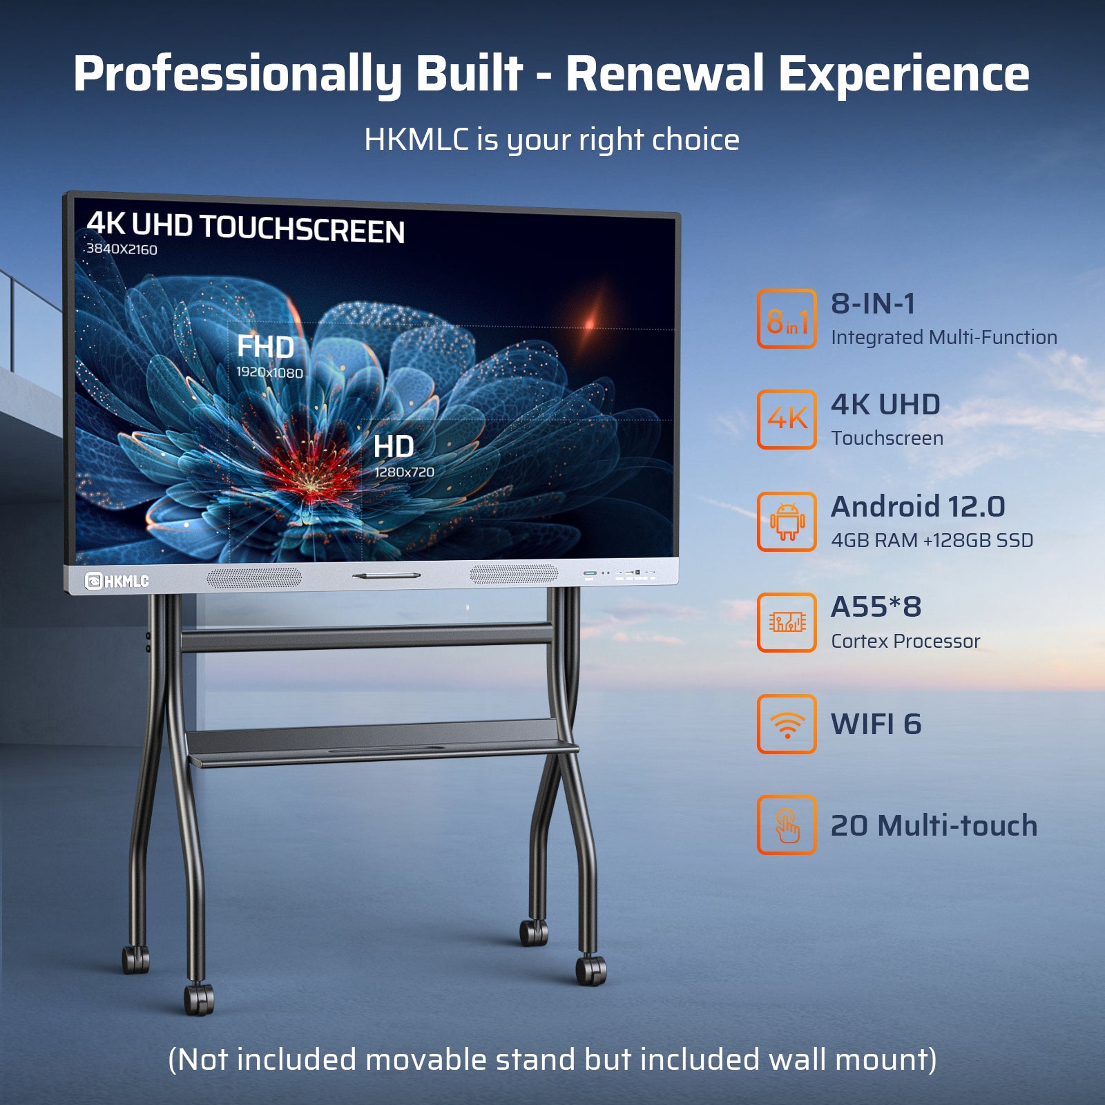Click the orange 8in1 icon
(787, 319)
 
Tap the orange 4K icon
(787, 419)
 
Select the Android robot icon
(787, 521)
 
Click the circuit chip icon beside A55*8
(787, 622)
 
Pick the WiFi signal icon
(787, 724)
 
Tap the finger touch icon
(787, 825)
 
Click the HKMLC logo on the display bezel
(117, 581)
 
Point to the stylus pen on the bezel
(386, 575)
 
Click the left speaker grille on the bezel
(254, 578)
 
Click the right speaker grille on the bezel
(514, 574)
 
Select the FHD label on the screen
(265, 347)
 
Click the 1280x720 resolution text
(404, 472)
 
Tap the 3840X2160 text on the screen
(122, 249)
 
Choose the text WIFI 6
(876, 724)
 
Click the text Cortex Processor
(905, 642)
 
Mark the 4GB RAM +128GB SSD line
(932, 540)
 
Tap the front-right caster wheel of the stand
(590, 970)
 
